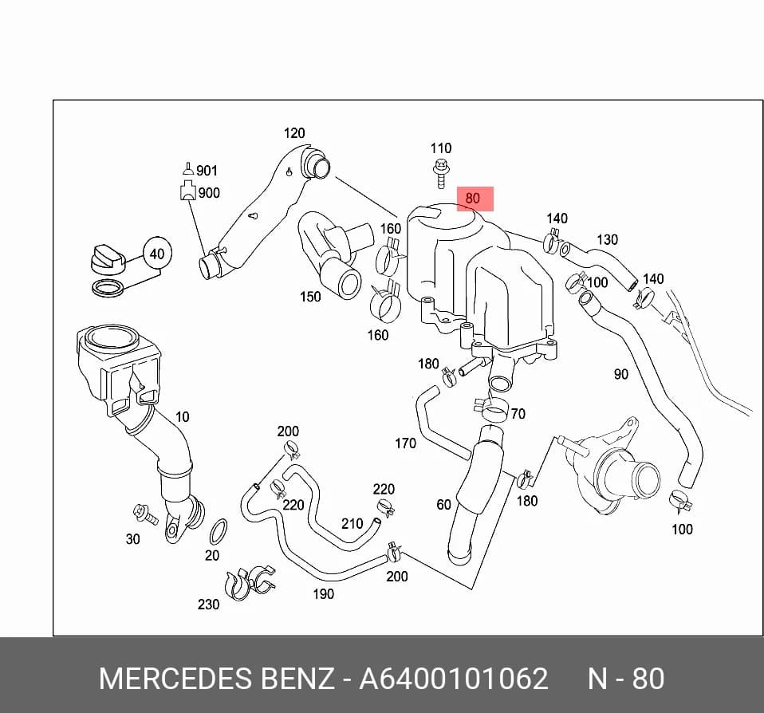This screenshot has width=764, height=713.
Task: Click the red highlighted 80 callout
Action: [x=475, y=199]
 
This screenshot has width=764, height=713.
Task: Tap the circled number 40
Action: [x=157, y=254]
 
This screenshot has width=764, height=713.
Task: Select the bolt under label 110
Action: [x=441, y=174]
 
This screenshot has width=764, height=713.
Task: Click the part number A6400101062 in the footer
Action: [x=454, y=678]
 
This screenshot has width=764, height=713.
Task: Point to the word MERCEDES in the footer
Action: [x=176, y=678]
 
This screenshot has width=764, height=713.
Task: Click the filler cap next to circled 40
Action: [x=108, y=260]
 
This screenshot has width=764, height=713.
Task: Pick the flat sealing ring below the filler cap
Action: [x=108, y=288]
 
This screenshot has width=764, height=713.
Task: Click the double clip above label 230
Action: [x=249, y=582]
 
